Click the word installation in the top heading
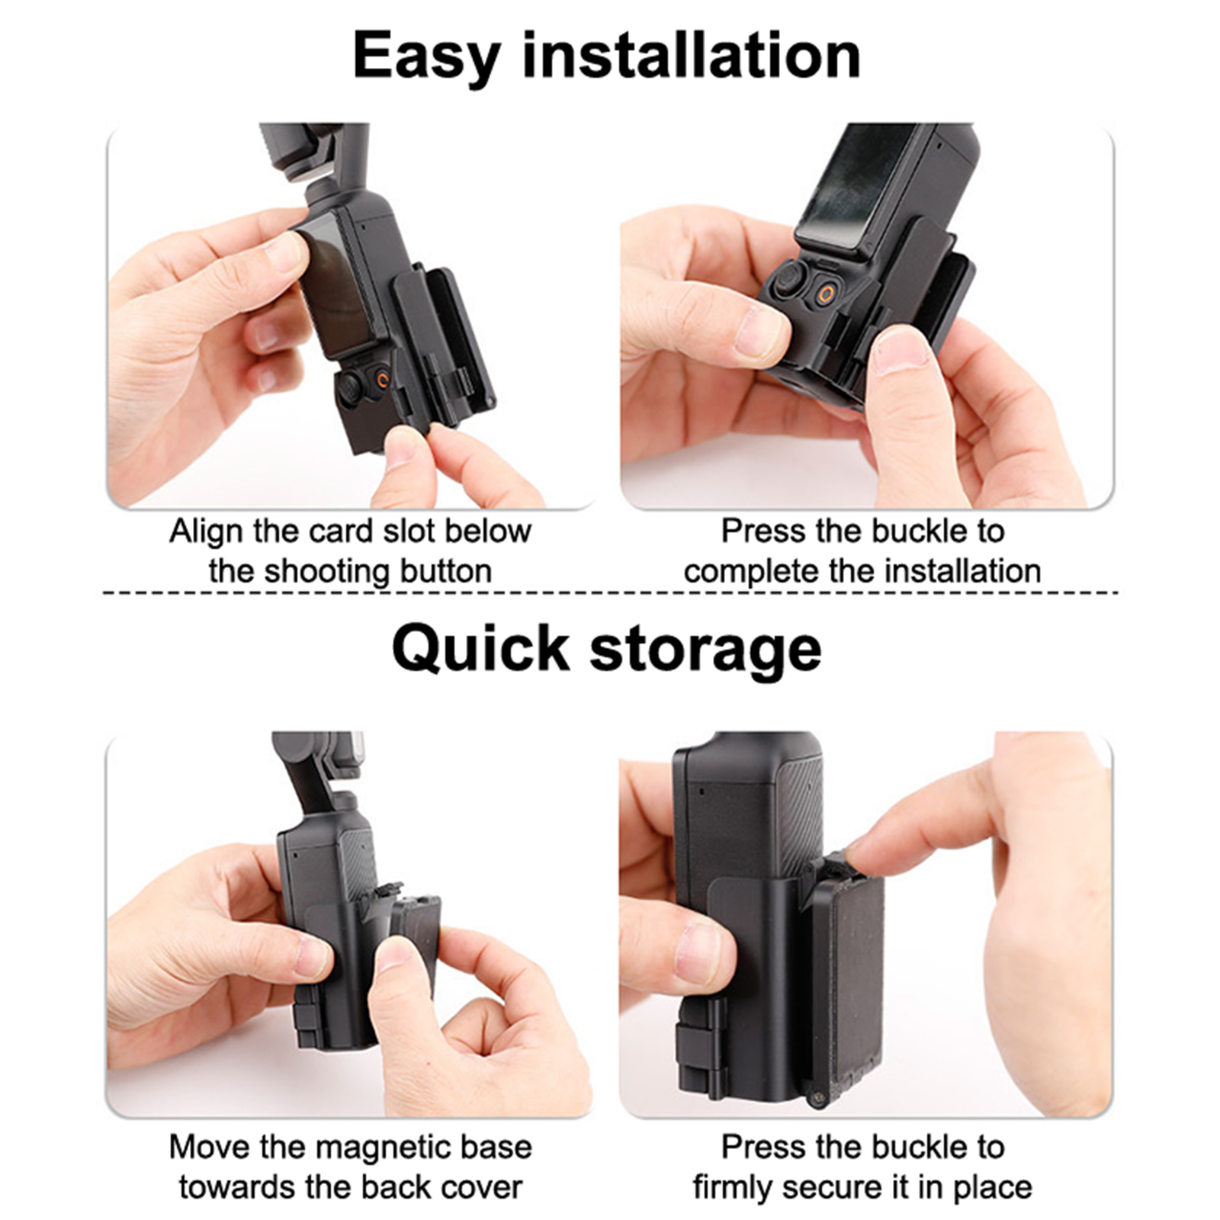[x=692, y=54]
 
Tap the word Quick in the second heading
[x=480, y=649]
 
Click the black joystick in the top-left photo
[x=352, y=387]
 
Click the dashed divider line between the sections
[x=610, y=592]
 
